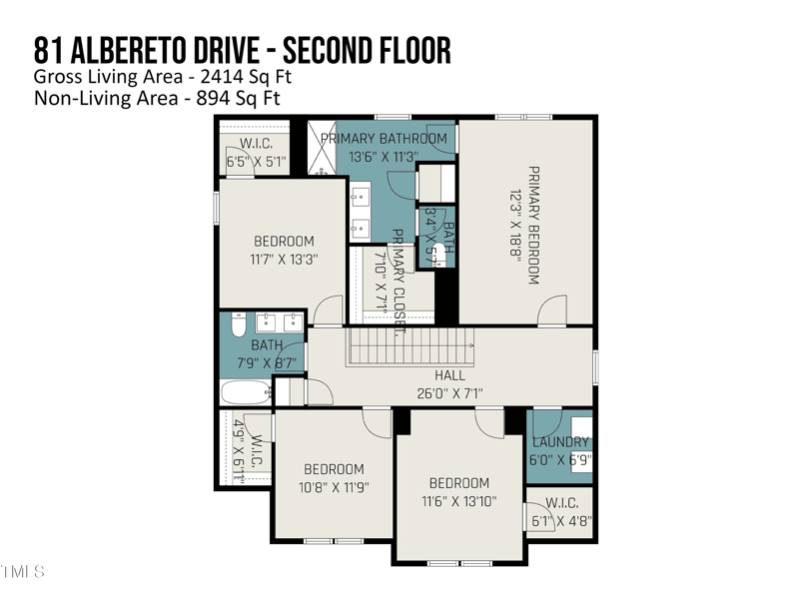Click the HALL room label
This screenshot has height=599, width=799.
(449, 375)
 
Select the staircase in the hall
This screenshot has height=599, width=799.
(411, 350)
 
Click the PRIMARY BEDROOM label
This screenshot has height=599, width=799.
(533, 225)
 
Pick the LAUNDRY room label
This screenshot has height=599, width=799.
(559, 442)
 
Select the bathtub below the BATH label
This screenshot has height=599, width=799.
(245, 391)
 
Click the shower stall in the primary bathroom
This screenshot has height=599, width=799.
(323, 147)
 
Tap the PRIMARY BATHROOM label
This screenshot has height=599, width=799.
(384, 139)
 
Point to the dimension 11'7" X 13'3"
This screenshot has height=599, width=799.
(284, 260)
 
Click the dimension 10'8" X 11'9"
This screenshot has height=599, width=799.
(334, 488)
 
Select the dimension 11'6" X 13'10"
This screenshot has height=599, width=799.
(459, 501)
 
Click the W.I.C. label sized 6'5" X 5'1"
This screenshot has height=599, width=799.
(256, 161)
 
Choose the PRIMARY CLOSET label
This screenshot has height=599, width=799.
(398, 270)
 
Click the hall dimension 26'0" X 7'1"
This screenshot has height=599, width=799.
(449, 393)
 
